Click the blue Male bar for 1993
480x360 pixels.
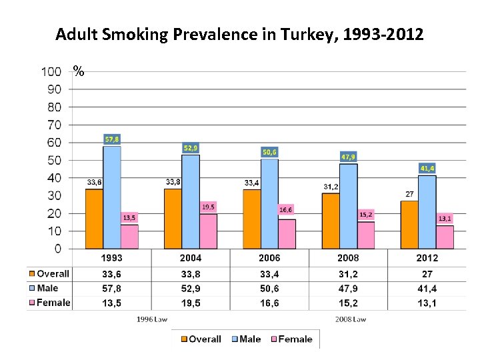point(112,197)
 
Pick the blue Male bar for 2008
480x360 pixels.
point(348,206)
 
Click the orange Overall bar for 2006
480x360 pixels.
point(251,219)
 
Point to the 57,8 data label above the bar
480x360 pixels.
point(113,139)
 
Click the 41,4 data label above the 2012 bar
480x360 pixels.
point(427,169)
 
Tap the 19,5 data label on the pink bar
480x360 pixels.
point(209,207)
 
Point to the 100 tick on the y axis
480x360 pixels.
point(51,71)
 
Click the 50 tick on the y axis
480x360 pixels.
point(54,160)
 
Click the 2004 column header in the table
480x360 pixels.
point(191,258)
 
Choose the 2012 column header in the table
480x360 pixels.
point(427,258)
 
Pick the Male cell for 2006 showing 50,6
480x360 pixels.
point(269,288)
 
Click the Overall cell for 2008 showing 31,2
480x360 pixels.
point(348,273)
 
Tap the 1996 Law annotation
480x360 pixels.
point(152,319)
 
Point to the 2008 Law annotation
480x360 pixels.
point(350,319)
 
